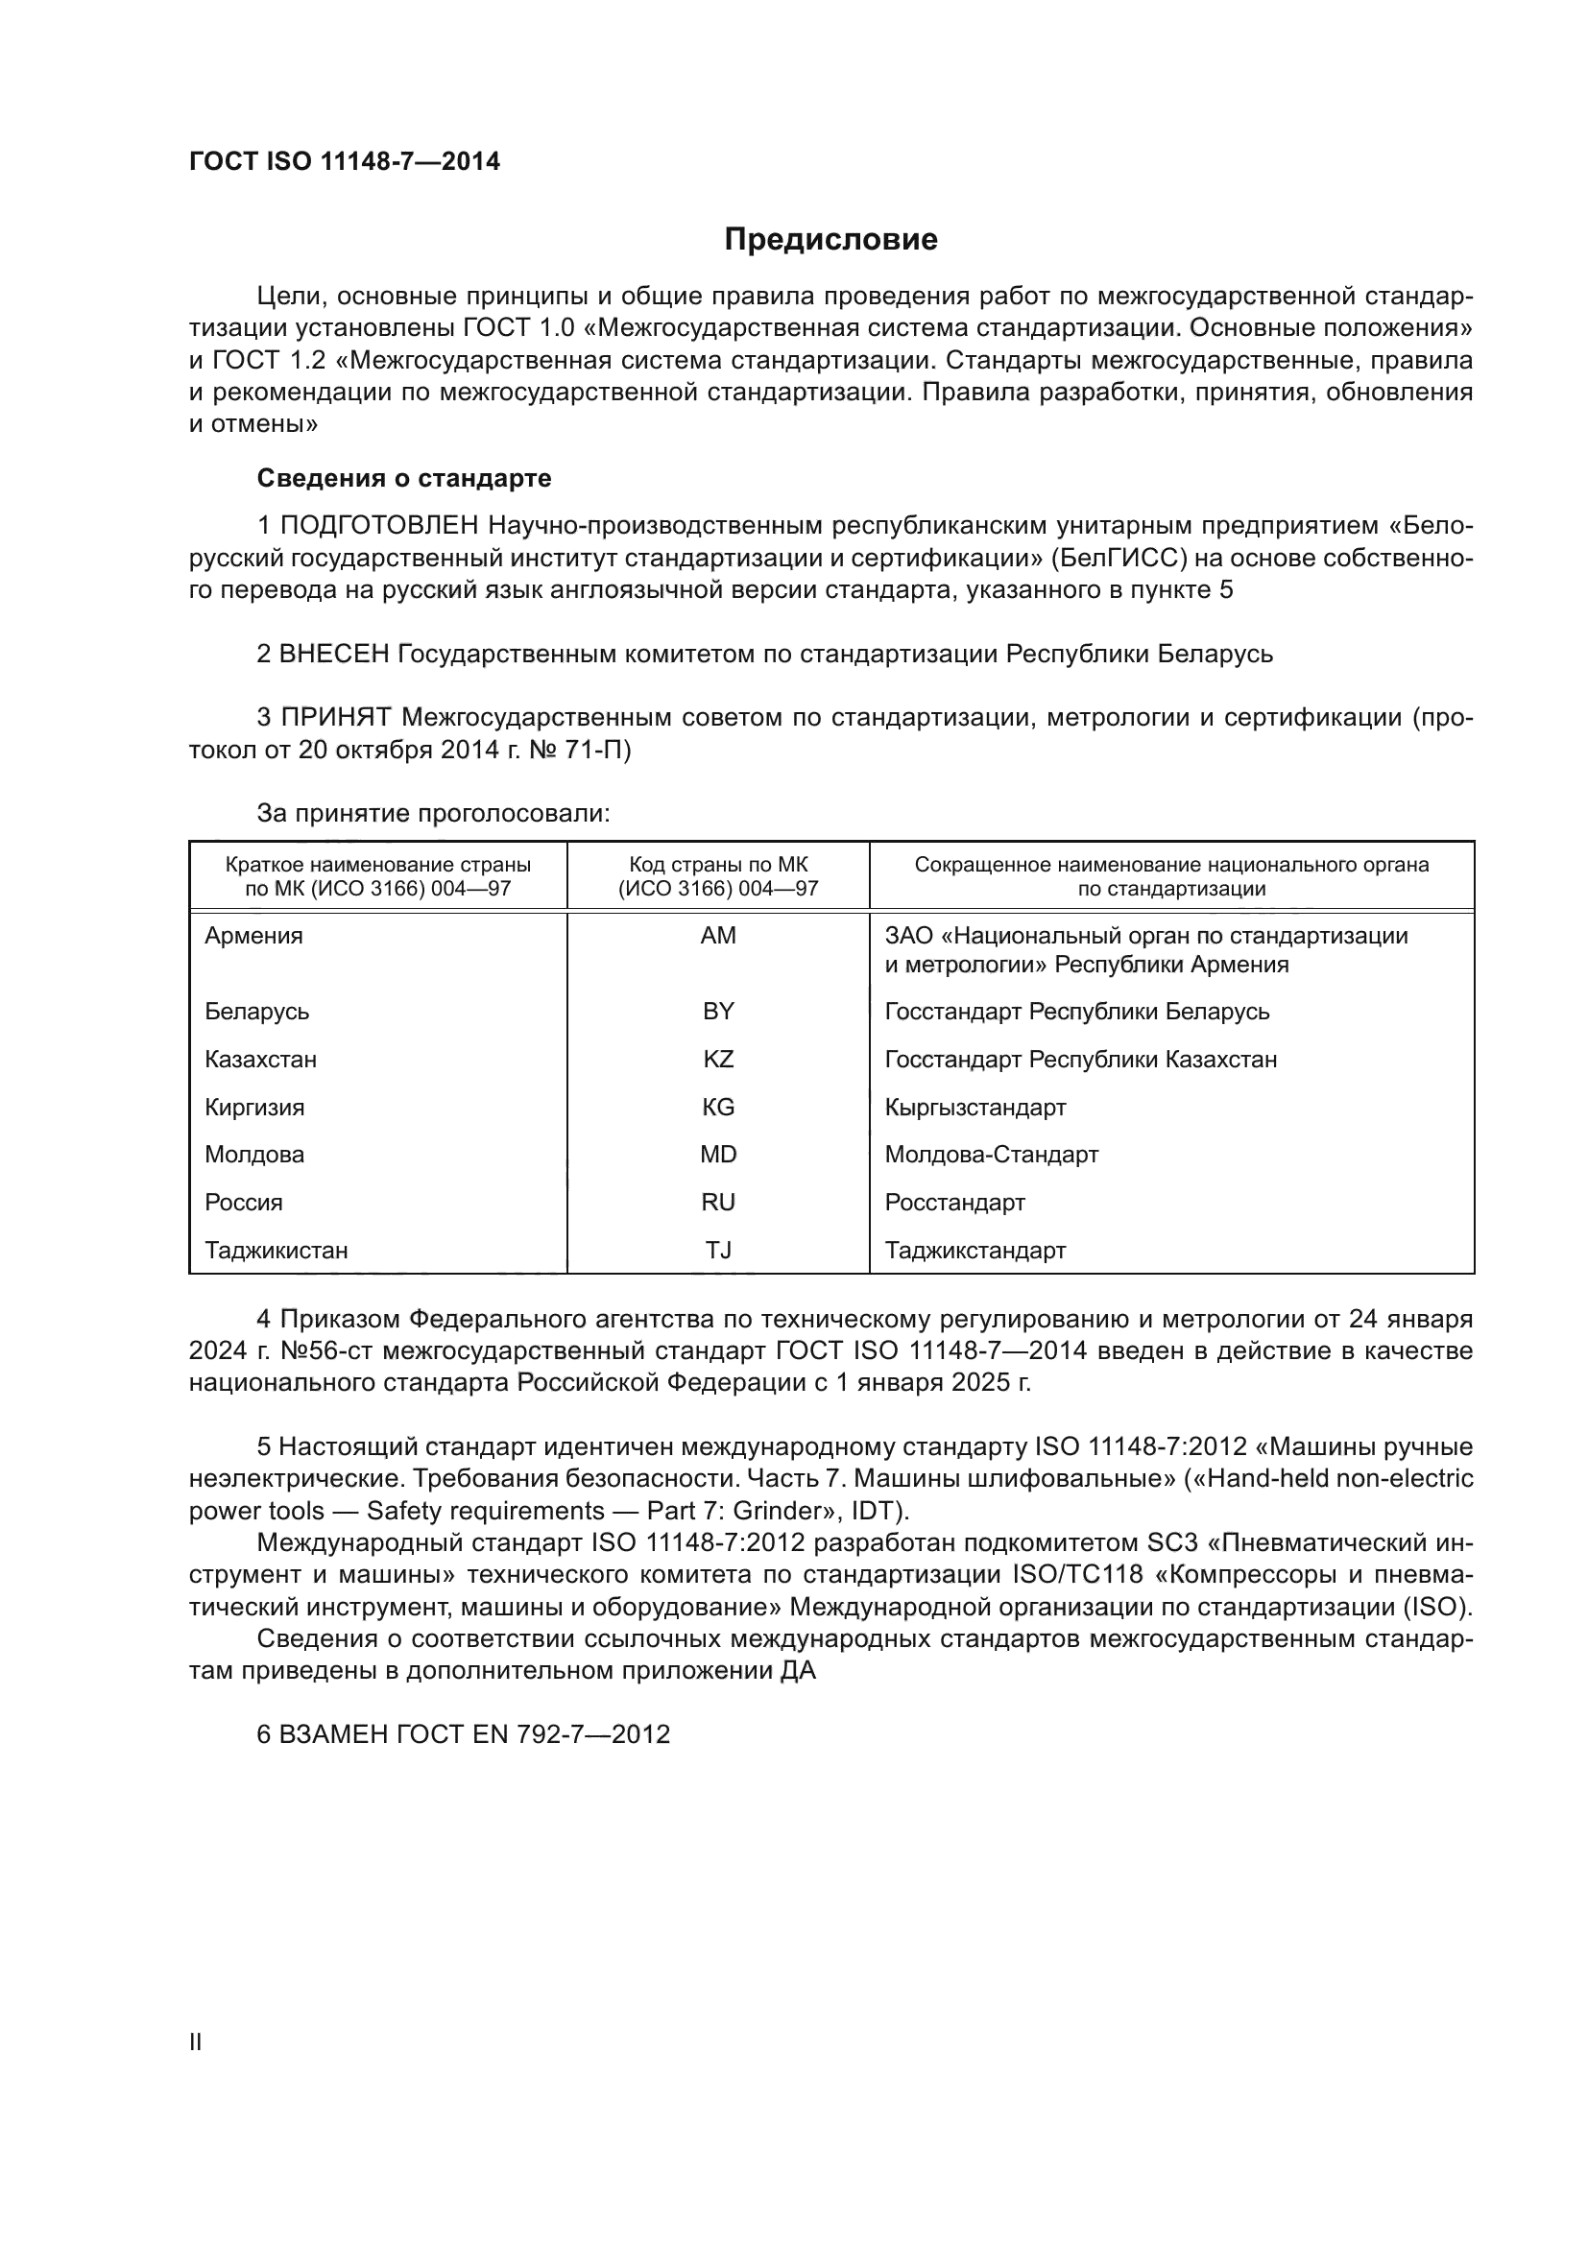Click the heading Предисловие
pos(830,240)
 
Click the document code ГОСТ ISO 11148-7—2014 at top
pos(345,161)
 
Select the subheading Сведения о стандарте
pos(404,478)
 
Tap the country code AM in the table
pos(718,936)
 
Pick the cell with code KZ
pos(718,1059)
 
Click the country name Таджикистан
pos(276,1250)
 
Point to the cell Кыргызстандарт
pos(974,1107)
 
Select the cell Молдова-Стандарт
pos(992,1154)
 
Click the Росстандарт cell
pos(954,1202)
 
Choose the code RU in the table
pos(718,1202)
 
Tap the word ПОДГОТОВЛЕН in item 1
pos(379,526)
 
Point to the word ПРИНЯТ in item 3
pos(336,718)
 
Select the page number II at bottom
pos(196,2042)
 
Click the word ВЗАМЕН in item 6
pos(336,1734)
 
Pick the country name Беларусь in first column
pos(257,1011)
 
